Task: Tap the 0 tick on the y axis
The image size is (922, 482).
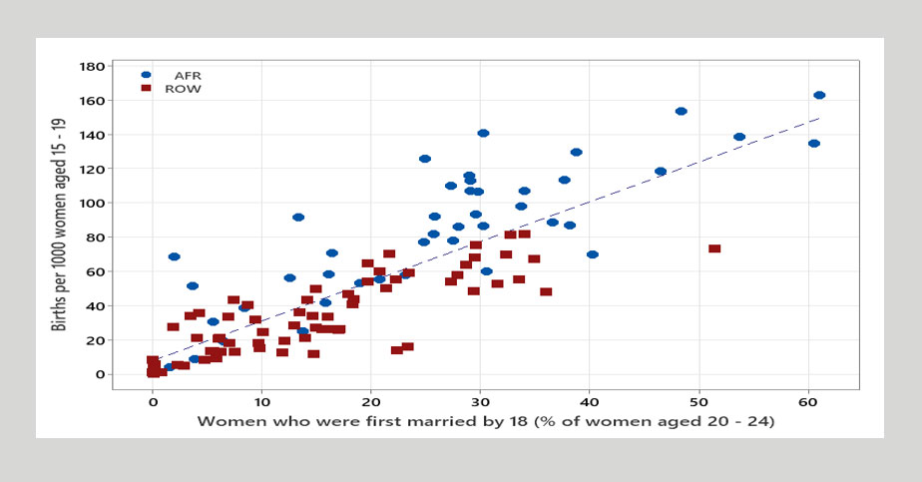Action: click(x=98, y=374)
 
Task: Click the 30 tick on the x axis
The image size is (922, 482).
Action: click(x=481, y=401)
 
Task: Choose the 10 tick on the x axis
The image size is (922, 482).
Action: click(x=261, y=401)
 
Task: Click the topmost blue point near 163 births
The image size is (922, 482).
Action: click(x=819, y=96)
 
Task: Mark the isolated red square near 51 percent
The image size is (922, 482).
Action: click(x=714, y=248)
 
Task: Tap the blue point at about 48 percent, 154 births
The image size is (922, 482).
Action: click(x=682, y=112)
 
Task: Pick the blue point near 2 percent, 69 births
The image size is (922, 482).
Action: click(x=174, y=256)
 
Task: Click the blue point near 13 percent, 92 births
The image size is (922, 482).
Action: click(x=298, y=218)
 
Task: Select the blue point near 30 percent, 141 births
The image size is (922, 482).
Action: click(x=483, y=134)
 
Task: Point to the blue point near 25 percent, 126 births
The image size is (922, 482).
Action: click(x=425, y=159)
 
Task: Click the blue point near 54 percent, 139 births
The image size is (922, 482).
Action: click(x=739, y=138)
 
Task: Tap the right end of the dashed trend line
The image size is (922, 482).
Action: click(x=819, y=118)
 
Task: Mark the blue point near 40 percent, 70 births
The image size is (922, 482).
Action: click(x=593, y=254)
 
